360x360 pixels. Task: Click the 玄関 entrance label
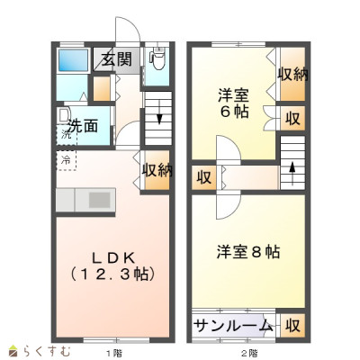(x=117, y=59)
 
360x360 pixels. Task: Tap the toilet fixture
(x=157, y=58)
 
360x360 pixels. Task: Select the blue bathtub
(x=73, y=60)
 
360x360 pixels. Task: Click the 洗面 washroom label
(x=84, y=126)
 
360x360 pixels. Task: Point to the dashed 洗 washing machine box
(x=67, y=135)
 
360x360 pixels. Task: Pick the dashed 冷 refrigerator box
(x=67, y=160)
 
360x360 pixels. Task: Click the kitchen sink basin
(x=100, y=200)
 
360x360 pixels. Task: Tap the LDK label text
(x=113, y=258)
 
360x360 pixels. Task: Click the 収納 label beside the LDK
(x=157, y=170)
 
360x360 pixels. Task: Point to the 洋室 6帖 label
(x=233, y=103)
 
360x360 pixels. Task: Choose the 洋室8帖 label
(x=248, y=252)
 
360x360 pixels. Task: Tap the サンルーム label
(x=233, y=326)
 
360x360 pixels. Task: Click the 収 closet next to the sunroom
(x=292, y=326)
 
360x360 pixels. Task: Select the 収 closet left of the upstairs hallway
(x=204, y=177)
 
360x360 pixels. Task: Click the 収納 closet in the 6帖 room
(x=292, y=74)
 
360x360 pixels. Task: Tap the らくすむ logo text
(x=47, y=351)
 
